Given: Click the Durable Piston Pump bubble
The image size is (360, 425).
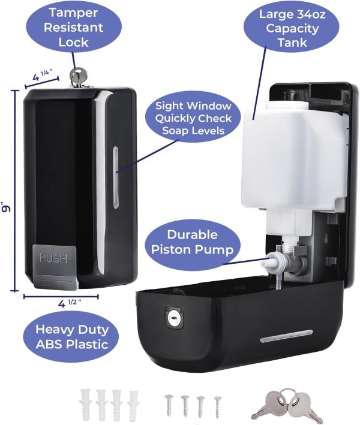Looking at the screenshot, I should [192, 243].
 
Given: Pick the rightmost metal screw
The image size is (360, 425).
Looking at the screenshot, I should [217, 405].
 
